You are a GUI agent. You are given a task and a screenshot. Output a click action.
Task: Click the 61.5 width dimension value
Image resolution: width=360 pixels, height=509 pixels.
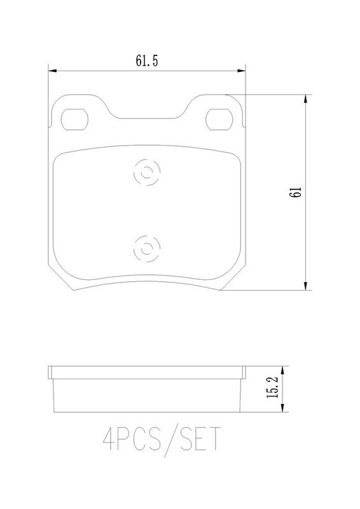(147, 61)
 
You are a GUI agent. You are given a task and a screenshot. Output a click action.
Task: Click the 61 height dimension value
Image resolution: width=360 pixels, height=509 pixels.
(296, 192)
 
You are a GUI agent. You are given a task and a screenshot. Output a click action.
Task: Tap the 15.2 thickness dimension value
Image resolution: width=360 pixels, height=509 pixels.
(272, 387)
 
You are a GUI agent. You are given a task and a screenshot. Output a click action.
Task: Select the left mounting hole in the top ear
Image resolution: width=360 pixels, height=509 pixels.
(74, 120)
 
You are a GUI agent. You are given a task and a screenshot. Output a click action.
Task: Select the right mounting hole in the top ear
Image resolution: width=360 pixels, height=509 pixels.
(219, 120)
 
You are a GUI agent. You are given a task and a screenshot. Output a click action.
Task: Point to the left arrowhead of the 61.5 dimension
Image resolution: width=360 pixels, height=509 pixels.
(52, 71)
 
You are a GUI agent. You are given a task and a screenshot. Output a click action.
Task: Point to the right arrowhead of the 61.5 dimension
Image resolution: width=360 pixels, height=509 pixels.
(241, 71)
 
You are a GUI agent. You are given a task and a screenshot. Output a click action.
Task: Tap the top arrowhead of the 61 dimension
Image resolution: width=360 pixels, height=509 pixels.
(305, 99)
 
